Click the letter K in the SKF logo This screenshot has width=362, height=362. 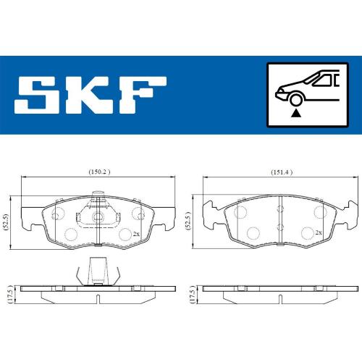click(93, 95)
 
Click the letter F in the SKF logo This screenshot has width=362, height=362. click(143, 95)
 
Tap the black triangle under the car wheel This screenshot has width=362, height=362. click(295, 113)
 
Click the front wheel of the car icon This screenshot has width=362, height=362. click(295, 100)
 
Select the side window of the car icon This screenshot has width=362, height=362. click(324, 80)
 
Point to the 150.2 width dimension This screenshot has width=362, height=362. click(99, 172)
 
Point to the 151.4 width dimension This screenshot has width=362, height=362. click(282, 172)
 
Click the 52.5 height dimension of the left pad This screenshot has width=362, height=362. click(7, 222)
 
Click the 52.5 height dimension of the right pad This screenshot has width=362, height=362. click(188, 221)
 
